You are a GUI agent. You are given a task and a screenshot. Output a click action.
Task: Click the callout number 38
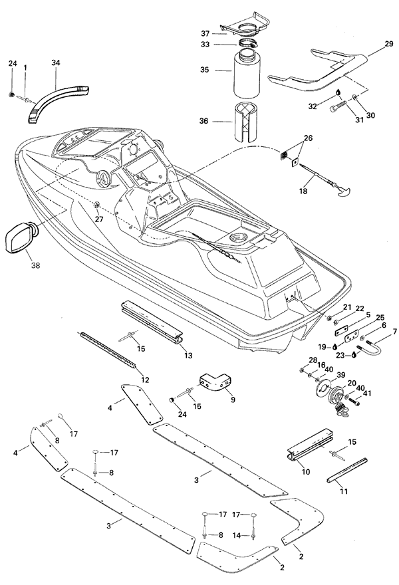[35, 265]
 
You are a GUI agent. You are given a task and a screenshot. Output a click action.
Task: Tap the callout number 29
[388, 44]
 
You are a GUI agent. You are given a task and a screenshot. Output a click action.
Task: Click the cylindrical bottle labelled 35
[247, 75]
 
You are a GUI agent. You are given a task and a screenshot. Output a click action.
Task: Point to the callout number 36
[203, 121]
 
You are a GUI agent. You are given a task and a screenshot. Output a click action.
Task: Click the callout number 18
[303, 191]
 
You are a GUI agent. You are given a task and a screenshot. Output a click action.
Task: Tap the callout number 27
[99, 219]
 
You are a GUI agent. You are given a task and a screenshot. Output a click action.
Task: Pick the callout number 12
[145, 380]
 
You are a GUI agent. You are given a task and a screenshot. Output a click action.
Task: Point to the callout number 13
[188, 356]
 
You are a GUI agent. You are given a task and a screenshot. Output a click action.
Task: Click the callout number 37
[205, 34]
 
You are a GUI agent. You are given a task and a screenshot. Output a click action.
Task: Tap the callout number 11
[343, 491]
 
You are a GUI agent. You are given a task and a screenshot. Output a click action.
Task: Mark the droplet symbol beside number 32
[338, 92]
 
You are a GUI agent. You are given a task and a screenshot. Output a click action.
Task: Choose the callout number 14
[237, 535]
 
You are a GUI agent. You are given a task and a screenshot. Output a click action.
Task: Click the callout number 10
[306, 472]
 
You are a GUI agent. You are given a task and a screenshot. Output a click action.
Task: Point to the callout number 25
[380, 318]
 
